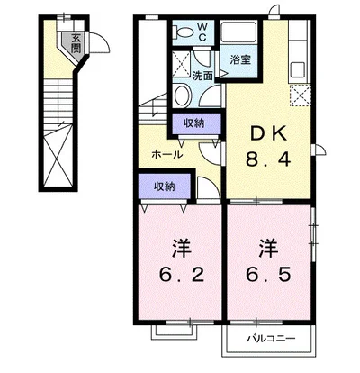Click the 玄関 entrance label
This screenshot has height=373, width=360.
tap(76, 43)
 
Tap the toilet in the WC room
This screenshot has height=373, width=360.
tap(184, 32)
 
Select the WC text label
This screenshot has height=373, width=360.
tap(202, 32)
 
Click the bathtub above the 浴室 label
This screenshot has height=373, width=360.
tap(238, 32)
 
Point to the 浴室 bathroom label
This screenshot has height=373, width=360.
tap(240, 60)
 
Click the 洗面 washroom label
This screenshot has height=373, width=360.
tap(202, 76)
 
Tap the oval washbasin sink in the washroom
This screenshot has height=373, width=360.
tap(182, 95)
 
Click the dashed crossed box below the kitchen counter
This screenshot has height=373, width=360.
tap(300, 96)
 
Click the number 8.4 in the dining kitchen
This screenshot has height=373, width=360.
tap(268, 159)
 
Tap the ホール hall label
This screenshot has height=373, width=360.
tap(167, 155)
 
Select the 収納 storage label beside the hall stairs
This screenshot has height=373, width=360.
tap(193, 123)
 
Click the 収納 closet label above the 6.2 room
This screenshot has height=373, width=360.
tap(164, 186)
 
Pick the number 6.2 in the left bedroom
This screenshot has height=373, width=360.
tap(181, 275)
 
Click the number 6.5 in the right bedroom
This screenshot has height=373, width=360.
tap(268, 275)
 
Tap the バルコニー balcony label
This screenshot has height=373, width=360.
tap(271, 339)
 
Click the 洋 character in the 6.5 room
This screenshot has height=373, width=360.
tap(268, 249)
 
